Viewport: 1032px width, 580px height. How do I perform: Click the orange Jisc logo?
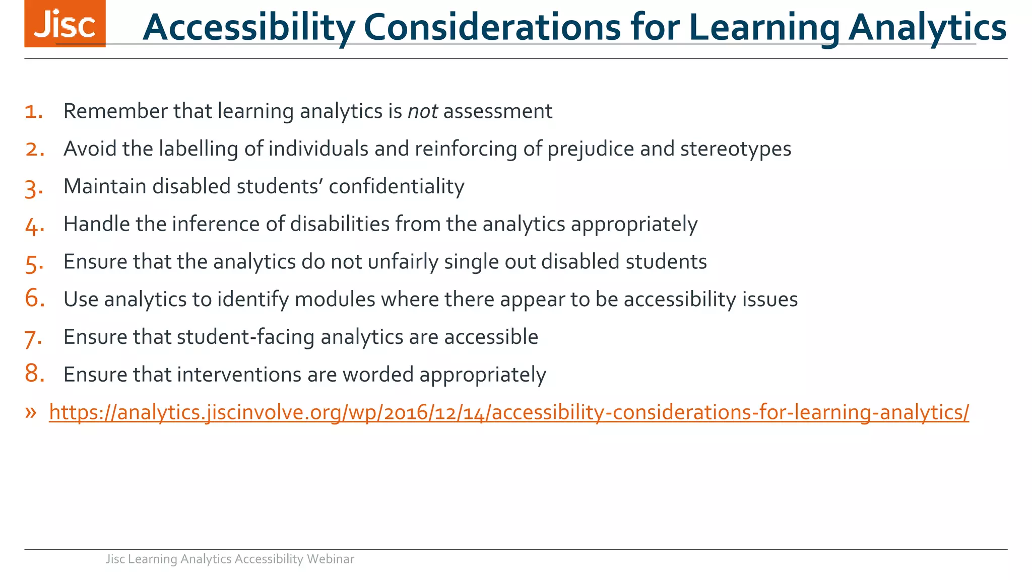[64, 24]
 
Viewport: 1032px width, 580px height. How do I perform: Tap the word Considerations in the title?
[492, 28]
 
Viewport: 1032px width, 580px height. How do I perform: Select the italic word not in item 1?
[422, 111]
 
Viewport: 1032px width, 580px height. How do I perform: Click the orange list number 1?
[33, 111]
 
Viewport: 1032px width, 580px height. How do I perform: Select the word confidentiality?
[396, 186]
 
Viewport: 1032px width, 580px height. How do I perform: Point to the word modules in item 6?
[335, 300]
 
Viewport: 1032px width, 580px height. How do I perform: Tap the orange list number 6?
[34, 298]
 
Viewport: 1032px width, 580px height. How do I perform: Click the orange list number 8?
[34, 374]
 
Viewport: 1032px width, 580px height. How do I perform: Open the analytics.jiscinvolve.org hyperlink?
[509, 412]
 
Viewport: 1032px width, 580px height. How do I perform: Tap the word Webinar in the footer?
[330, 559]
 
